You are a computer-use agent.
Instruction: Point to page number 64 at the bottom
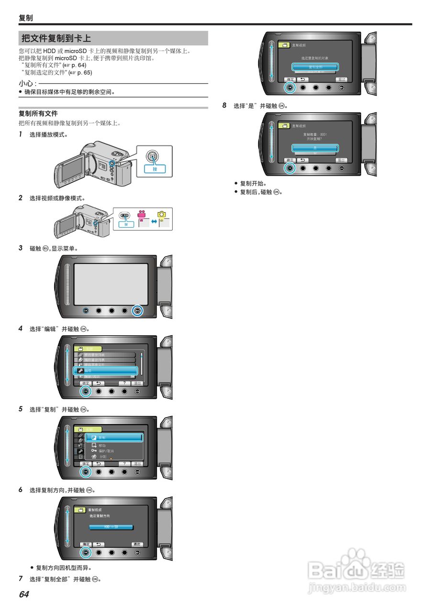tap(24, 594)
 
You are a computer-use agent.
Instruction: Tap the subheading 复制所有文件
tap(38, 113)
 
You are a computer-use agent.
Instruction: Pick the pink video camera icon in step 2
tap(141, 216)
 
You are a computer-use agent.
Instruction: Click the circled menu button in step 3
tap(137, 310)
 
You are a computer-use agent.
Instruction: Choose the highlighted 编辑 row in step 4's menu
tap(105, 371)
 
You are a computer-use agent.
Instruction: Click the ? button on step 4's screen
tap(124, 383)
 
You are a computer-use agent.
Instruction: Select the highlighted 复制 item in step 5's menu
tap(117, 437)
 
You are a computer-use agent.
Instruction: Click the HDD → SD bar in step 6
tap(111, 527)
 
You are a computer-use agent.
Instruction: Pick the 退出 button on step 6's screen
tap(137, 544)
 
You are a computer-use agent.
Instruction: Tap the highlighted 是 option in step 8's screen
tap(315, 148)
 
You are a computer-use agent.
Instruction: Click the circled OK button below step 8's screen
tap(289, 168)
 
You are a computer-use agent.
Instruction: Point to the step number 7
tap(21, 579)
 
